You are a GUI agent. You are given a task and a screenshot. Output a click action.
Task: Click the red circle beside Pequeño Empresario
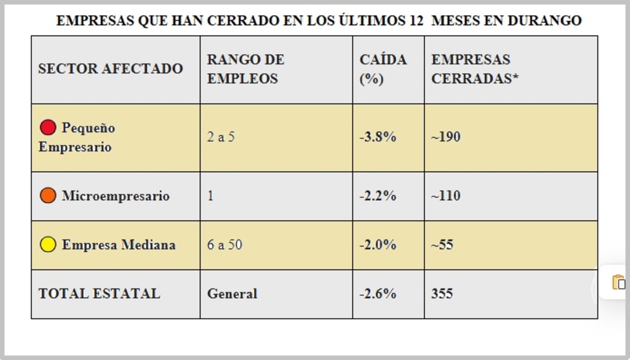coord(48,128)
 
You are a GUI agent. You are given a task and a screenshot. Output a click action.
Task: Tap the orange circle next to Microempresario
coord(48,196)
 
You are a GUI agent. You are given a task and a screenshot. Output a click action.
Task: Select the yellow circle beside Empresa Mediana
coord(48,244)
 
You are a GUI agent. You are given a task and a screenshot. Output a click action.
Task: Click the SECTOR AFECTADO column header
coord(110,69)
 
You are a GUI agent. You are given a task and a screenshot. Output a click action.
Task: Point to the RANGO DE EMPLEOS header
coord(245,69)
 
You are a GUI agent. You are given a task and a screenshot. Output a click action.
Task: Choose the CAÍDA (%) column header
coord(383,69)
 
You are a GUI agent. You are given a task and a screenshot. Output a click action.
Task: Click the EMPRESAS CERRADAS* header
coord(475,69)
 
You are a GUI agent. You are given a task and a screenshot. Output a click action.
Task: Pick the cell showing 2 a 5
coord(220,137)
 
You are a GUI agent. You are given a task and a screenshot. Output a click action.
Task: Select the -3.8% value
coord(378,137)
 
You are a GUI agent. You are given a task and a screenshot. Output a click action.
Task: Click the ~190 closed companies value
coord(445,137)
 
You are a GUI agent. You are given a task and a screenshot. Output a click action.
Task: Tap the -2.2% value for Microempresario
coord(378,196)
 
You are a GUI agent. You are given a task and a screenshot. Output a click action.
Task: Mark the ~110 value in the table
coord(445,196)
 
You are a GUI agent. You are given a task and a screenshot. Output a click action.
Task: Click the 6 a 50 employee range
coord(224,244)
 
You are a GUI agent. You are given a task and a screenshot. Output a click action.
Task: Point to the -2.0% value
coord(378,244)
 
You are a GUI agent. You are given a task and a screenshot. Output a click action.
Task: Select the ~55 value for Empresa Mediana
coord(442,244)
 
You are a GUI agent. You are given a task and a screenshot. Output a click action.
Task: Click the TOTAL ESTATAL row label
coord(99,294)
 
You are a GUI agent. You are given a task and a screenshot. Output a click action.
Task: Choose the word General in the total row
coord(232,294)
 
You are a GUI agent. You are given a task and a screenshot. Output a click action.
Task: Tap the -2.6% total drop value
coord(378,294)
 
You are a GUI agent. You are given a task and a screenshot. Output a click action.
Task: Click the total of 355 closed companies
coord(441,294)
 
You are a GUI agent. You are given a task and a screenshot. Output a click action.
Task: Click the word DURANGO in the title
coord(544,21)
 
